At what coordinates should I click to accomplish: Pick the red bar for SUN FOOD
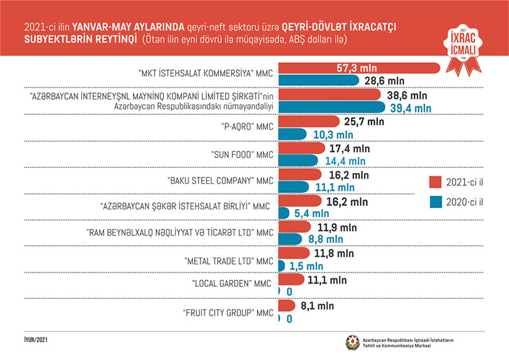[302, 148]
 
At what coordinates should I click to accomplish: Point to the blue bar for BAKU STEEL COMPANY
[296, 188]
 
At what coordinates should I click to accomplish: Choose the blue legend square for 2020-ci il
[438, 203]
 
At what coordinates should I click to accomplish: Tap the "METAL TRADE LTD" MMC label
[228, 261]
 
